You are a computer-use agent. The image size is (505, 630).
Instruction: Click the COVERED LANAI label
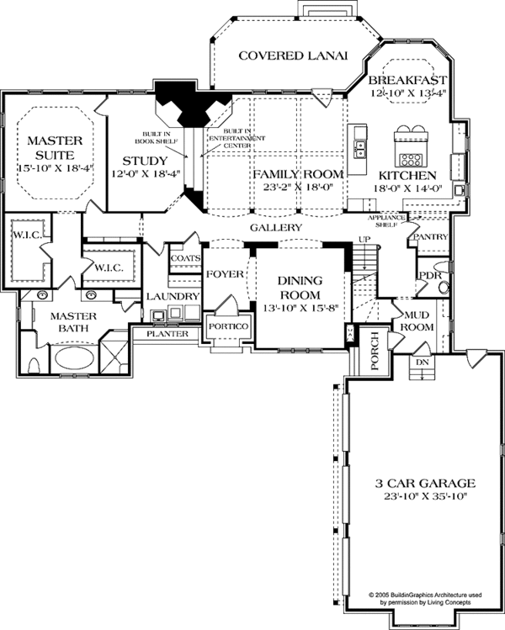(280, 56)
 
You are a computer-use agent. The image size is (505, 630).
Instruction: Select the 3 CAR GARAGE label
(424, 484)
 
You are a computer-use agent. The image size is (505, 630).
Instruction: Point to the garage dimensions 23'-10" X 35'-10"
(424, 498)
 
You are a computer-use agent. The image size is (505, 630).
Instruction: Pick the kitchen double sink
(359, 150)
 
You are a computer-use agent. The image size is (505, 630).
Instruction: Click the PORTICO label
(226, 326)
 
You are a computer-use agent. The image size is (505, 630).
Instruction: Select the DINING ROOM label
(299, 289)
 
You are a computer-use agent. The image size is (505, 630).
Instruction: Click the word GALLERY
(276, 228)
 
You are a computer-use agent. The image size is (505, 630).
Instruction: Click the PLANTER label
(166, 334)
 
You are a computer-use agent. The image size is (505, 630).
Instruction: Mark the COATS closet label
(183, 258)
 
